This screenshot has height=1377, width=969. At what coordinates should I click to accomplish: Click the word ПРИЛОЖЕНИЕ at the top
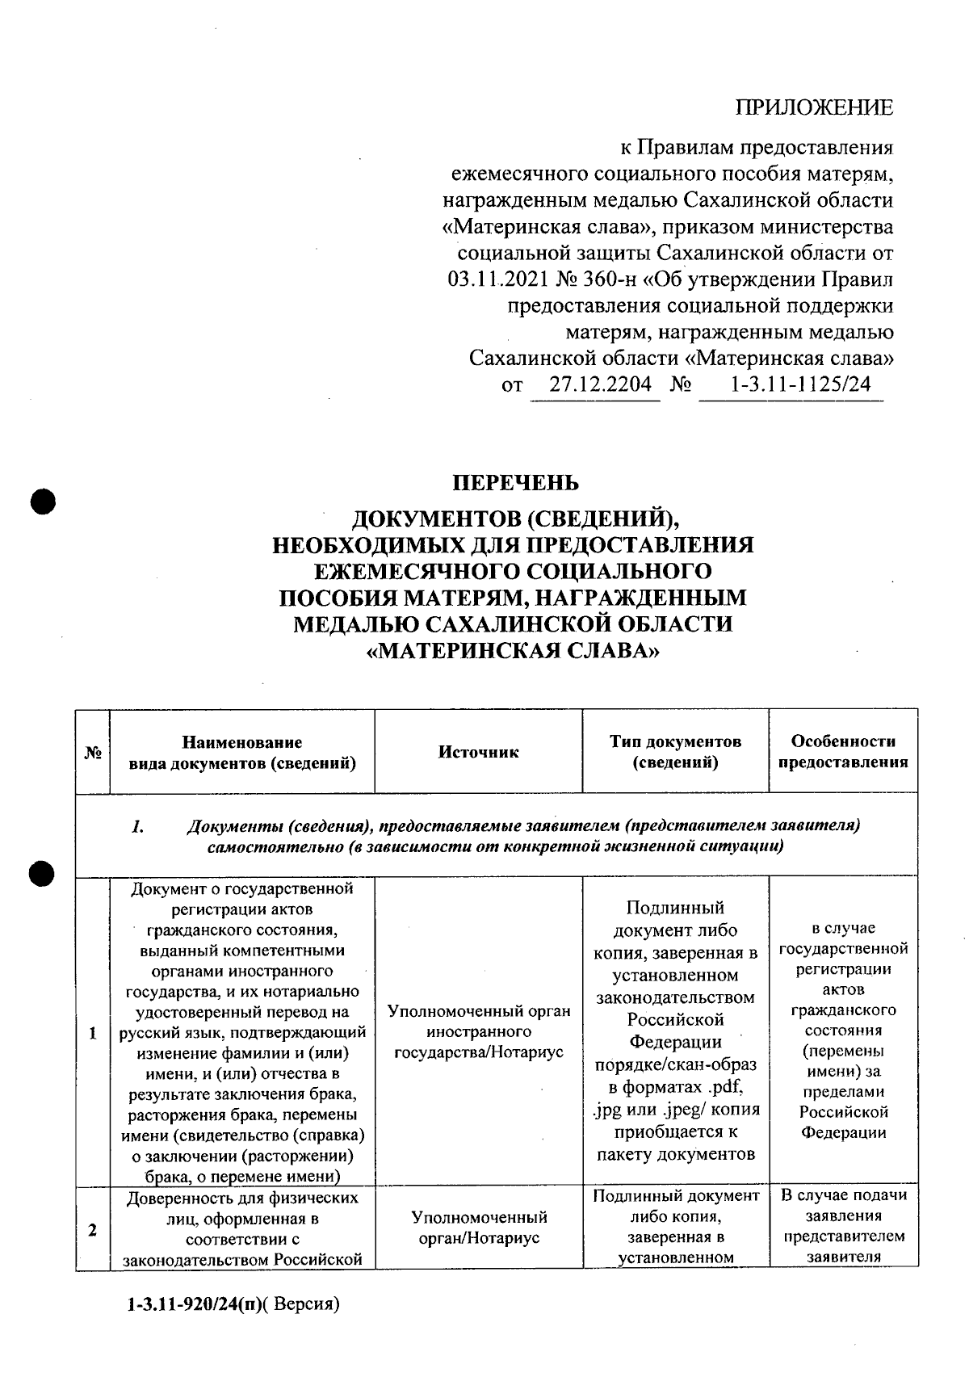(x=813, y=108)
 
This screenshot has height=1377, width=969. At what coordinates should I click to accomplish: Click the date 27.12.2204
(x=600, y=384)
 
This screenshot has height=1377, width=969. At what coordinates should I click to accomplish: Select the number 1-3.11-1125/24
(x=800, y=384)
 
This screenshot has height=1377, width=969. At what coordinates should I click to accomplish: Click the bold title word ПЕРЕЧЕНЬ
(x=515, y=483)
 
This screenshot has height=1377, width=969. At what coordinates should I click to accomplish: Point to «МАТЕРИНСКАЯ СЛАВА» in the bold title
(x=513, y=651)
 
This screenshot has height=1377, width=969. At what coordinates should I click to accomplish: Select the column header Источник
(x=478, y=752)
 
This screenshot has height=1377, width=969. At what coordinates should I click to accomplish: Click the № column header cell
(x=93, y=752)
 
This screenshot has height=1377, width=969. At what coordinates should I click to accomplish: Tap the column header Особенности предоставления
(x=842, y=752)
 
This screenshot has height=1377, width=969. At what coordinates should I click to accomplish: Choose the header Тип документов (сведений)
(x=675, y=752)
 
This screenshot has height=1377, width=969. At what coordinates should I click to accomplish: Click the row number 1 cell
(x=93, y=1033)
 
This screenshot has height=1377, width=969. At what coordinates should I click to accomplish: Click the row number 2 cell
(x=93, y=1230)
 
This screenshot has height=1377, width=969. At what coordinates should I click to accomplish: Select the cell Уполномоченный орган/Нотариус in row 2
(x=478, y=1228)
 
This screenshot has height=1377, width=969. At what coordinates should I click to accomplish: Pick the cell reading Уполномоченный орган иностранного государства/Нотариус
(x=478, y=1032)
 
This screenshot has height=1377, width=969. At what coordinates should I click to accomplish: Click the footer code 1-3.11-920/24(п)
(x=195, y=1304)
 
